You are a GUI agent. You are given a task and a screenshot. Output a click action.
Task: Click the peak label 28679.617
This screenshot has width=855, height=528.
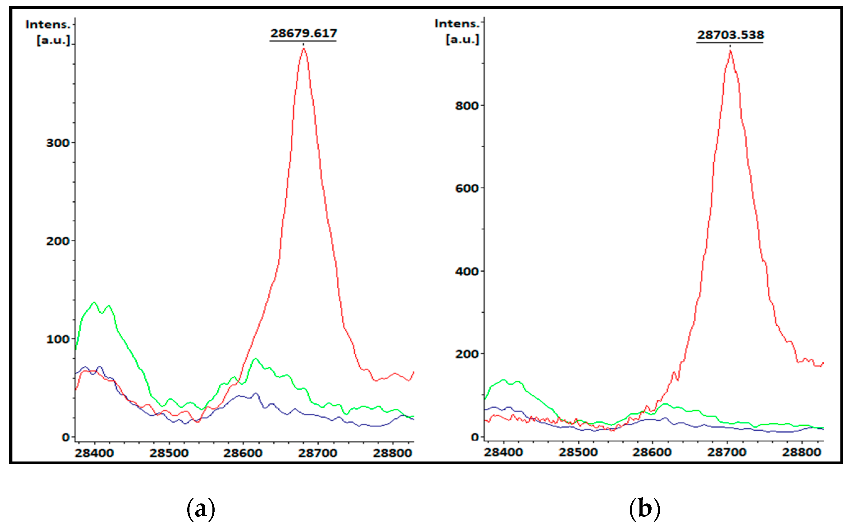pos(303,34)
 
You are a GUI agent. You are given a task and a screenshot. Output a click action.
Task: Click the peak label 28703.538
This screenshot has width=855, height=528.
pos(730,35)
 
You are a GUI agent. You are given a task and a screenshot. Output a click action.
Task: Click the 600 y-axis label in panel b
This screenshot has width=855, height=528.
pos(466,189)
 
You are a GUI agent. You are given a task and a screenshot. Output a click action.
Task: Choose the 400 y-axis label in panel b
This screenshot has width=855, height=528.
pos(466,272)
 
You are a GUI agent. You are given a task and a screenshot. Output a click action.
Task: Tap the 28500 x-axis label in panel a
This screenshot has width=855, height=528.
pos(169,453)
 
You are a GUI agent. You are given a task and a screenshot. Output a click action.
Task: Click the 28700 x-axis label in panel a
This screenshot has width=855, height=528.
pos(318,453)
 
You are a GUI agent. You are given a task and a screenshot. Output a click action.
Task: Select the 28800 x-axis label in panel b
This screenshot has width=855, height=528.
pos(801,452)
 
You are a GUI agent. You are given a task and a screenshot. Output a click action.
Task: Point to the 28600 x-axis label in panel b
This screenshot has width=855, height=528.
pos(652,452)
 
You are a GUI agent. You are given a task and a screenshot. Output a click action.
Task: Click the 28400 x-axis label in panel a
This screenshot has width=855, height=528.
pos(94,453)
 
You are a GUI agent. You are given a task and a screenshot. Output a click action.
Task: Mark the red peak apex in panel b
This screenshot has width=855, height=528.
pos(730,51)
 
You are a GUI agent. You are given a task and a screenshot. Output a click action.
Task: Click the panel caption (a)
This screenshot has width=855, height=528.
pos(201,509)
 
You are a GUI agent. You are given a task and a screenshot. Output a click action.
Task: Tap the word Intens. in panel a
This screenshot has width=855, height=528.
pos(48,25)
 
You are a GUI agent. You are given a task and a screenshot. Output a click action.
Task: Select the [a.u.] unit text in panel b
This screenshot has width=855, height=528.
pos(462,39)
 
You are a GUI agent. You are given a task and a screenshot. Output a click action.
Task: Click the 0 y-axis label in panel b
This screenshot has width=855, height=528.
pos(474,437)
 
